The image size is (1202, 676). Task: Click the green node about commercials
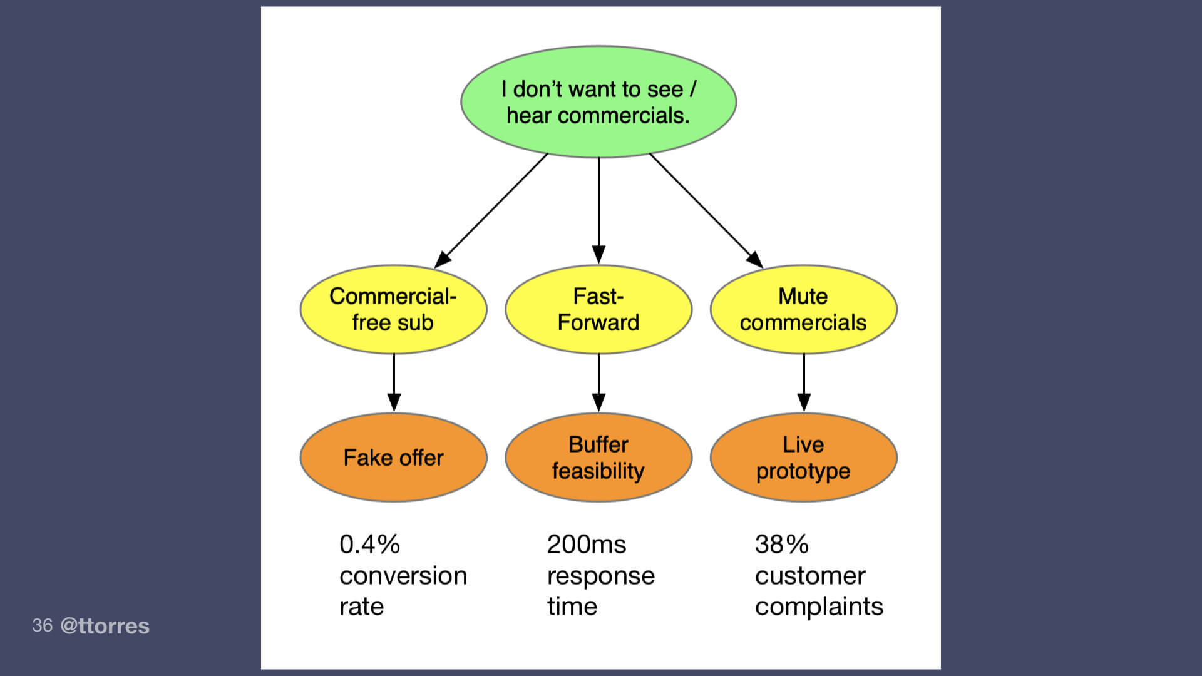pyautogui.click(x=598, y=102)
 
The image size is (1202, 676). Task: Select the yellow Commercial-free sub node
pyautogui.click(x=393, y=309)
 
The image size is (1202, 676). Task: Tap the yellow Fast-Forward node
pyautogui.click(x=598, y=309)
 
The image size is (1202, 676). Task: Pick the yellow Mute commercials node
pyautogui.click(x=803, y=309)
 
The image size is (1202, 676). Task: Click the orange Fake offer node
pyautogui.click(x=393, y=458)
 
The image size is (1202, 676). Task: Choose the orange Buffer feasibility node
pyautogui.click(x=598, y=458)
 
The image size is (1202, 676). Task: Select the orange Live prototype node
pyautogui.click(x=803, y=458)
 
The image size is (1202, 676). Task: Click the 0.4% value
pyautogui.click(x=369, y=545)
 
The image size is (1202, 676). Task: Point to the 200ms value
pyautogui.click(x=586, y=545)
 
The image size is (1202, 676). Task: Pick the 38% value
pyautogui.click(x=781, y=545)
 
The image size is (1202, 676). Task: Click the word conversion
pyautogui.click(x=403, y=576)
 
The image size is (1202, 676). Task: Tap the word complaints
pyautogui.click(x=819, y=607)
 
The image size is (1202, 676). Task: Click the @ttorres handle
pyautogui.click(x=105, y=626)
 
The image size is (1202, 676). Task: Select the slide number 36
pyautogui.click(x=42, y=625)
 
